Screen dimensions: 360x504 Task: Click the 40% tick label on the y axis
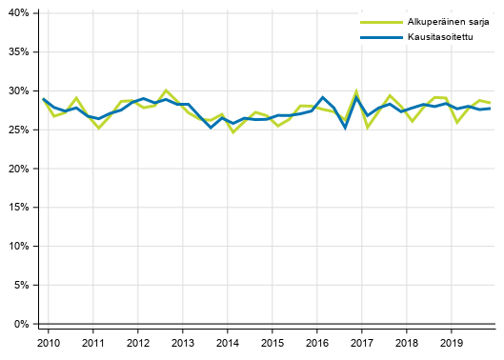[x=18, y=13]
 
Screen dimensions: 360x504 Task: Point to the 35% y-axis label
[x=18, y=52]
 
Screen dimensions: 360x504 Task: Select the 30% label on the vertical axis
[x=18, y=91]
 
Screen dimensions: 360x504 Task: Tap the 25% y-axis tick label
[x=18, y=130]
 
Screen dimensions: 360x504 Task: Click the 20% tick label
[x=18, y=169]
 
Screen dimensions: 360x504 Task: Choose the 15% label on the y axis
[x=18, y=208]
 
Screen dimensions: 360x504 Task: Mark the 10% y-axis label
[x=18, y=247]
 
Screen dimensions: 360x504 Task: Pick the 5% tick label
[x=21, y=286]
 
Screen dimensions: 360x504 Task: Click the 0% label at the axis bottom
[x=21, y=325]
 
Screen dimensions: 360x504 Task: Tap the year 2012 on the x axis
[x=138, y=342]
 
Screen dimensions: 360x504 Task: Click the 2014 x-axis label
[x=228, y=342]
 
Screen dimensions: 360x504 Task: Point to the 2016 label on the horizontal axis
[x=317, y=342]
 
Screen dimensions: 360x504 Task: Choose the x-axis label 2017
[x=362, y=342]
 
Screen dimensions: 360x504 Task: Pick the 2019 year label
[x=452, y=342]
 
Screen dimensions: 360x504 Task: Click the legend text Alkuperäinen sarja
[x=439, y=20]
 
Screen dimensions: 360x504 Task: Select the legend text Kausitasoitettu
[x=431, y=36]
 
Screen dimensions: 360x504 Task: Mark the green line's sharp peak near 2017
[x=356, y=91]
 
